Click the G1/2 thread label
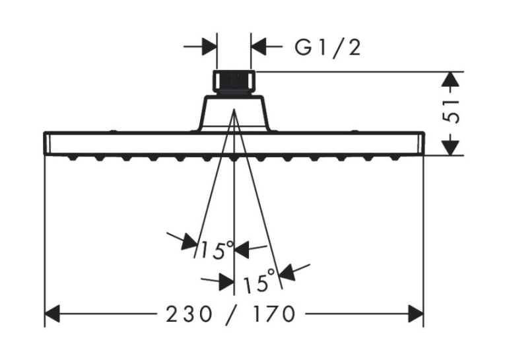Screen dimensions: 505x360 (x=327, y=48)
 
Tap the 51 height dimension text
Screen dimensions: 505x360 (x=450, y=112)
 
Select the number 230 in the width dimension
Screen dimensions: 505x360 (x=189, y=314)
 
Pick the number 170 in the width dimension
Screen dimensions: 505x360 (x=274, y=314)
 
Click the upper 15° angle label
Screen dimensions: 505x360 (x=216, y=250)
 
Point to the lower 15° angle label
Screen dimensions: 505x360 (x=259, y=281)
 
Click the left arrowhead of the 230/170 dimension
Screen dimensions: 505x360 (x=52, y=314)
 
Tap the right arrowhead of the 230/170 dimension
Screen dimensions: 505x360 (x=415, y=314)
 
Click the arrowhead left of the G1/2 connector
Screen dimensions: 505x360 (x=209, y=47)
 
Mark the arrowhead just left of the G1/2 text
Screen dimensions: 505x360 (x=259, y=47)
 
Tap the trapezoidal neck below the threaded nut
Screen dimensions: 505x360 (x=234, y=113)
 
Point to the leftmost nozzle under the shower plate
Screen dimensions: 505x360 (x=73, y=158)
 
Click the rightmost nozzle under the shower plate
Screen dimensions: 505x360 (x=395, y=158)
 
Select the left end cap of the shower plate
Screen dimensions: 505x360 (x=47, y=143)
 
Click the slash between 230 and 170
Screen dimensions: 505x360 (x=232, y=314)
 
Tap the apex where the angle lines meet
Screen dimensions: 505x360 (x=234, y=110)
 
